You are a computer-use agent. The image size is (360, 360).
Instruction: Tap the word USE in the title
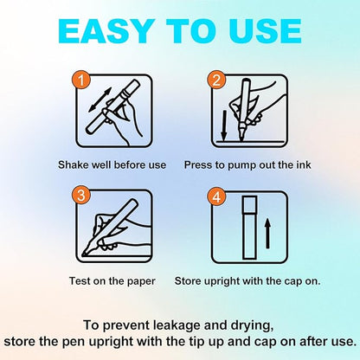pos(266,31)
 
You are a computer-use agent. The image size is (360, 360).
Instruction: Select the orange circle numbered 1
pos(81,80)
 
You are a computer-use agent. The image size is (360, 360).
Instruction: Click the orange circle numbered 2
pos(216,80)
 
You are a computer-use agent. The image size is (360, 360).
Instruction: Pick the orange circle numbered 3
pos(81,196)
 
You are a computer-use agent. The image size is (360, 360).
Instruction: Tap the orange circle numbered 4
pos(216,197)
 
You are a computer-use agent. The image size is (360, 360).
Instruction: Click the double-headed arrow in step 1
pos(100,100)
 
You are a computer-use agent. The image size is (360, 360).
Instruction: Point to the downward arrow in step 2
pos(223,125)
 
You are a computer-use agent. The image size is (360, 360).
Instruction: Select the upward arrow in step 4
pos(268,233)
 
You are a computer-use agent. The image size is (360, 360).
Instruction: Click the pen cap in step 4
pos(250,204)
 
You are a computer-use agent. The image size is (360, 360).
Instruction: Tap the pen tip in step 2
pos(241,133)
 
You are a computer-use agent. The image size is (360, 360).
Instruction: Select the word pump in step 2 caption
pos(241,165)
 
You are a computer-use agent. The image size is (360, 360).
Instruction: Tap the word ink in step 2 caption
pos(304,165)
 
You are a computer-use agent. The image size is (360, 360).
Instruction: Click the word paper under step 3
pos(140,281)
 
